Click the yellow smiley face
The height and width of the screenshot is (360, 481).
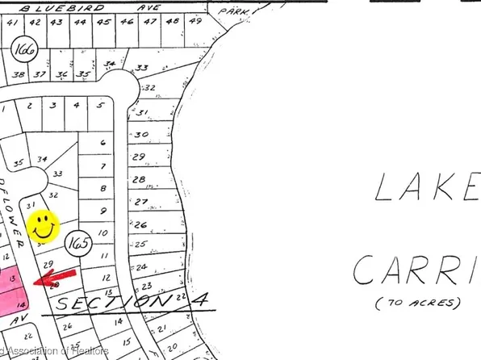tap(44, 226)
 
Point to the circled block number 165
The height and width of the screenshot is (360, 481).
tap(77, 241)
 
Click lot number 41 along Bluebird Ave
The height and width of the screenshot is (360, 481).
tap(11, 23)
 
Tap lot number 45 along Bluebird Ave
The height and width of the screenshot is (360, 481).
tap(103, 22)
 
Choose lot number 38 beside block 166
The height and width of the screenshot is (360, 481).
tap(18, 74)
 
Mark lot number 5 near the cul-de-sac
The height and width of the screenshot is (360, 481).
tap(99, 105)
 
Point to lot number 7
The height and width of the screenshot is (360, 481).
tap(102, 166)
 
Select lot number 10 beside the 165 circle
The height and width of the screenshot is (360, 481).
tap(102, 233)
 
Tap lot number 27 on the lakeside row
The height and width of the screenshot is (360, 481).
tap(142, 201)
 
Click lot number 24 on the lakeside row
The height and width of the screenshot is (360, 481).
tap(142, 266)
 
